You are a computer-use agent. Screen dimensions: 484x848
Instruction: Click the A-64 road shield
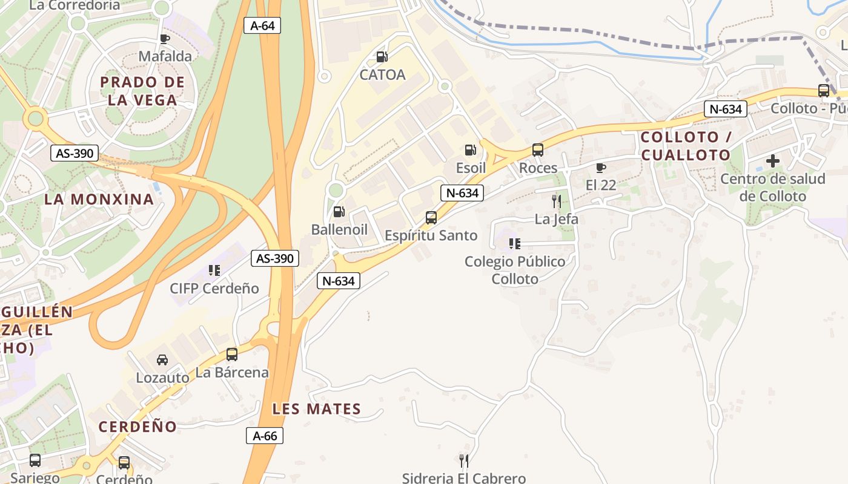tap(262, 25)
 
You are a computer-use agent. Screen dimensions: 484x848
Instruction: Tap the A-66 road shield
tap(265, 436)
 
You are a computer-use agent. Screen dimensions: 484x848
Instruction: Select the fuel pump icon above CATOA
tap(382, 57)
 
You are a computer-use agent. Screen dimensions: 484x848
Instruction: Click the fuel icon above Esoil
tap(471, 150)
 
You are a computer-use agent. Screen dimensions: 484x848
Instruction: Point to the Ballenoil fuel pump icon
tap(339, 212)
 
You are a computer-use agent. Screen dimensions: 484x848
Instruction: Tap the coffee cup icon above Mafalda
tap(165, 39)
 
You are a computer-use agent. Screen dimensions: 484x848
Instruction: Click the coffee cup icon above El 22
tap(601, 168)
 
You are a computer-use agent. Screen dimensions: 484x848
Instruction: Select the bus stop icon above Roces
tap(538, 150)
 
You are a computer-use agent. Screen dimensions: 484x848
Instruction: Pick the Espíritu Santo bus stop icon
tap(431, 218)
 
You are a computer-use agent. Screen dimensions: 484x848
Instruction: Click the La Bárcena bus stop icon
tap(232, 355)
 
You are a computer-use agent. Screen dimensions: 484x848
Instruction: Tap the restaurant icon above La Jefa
tap(556, 201)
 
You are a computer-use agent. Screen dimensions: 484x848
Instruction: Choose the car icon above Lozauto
tap(162, 360)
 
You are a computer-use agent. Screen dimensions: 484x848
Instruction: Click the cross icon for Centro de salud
tap(772, 162)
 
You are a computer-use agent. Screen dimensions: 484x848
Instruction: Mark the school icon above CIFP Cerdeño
tap(214, 270)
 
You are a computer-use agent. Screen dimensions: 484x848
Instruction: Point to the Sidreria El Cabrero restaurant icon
tap(464, 461)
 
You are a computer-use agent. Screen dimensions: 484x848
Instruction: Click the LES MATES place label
tap(317, 409)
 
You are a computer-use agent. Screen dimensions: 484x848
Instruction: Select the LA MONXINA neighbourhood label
tap(99, 199)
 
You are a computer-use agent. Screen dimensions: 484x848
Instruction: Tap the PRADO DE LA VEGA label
tap(142, 91)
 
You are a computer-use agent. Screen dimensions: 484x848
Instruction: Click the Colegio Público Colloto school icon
tap(515, 244)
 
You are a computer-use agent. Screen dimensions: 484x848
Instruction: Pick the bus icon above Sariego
tap(35, 460)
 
